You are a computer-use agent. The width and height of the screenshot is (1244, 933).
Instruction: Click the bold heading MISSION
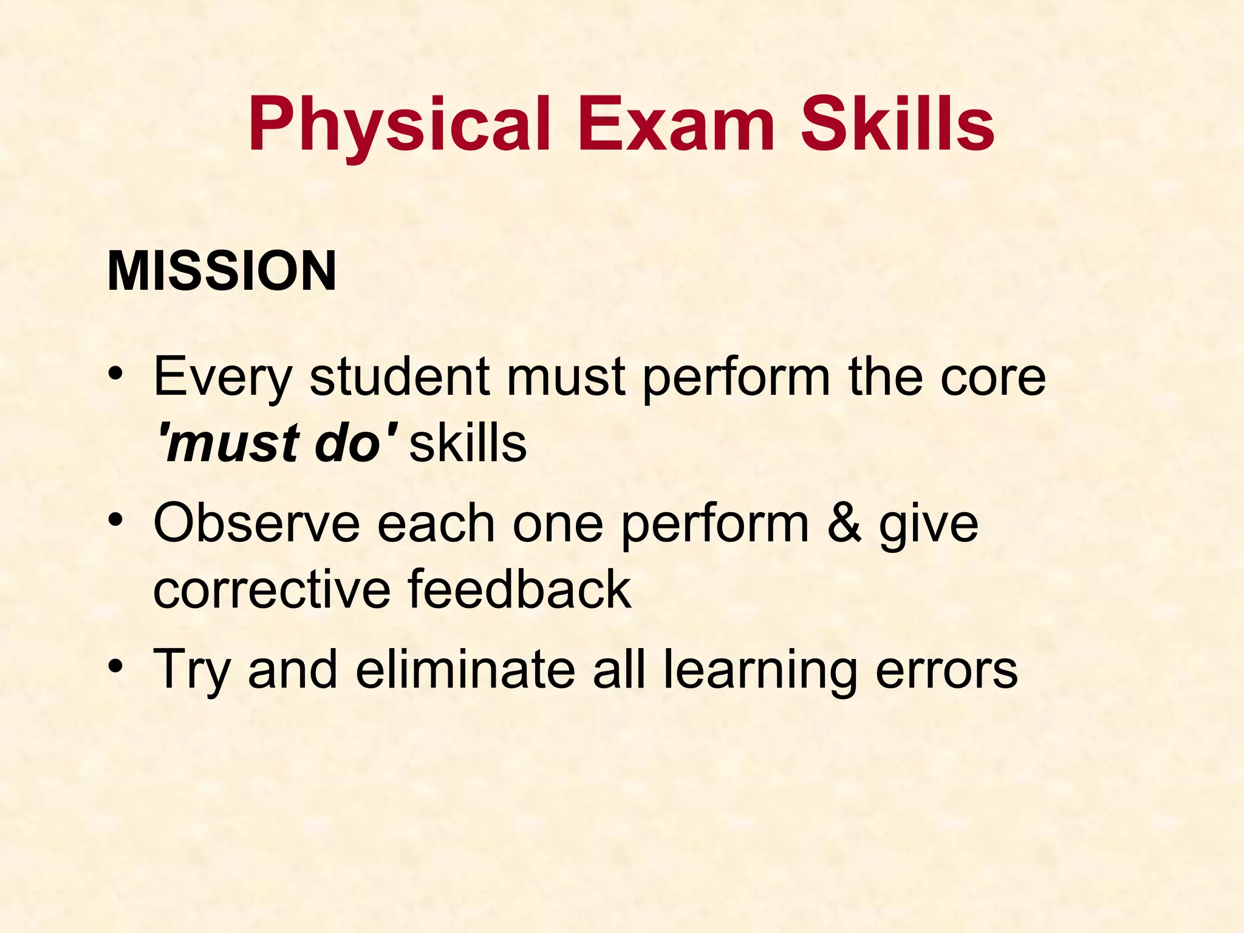[222, 272]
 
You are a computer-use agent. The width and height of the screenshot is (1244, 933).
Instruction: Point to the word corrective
[272, 589]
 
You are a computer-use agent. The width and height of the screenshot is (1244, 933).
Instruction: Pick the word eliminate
[465, 669]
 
